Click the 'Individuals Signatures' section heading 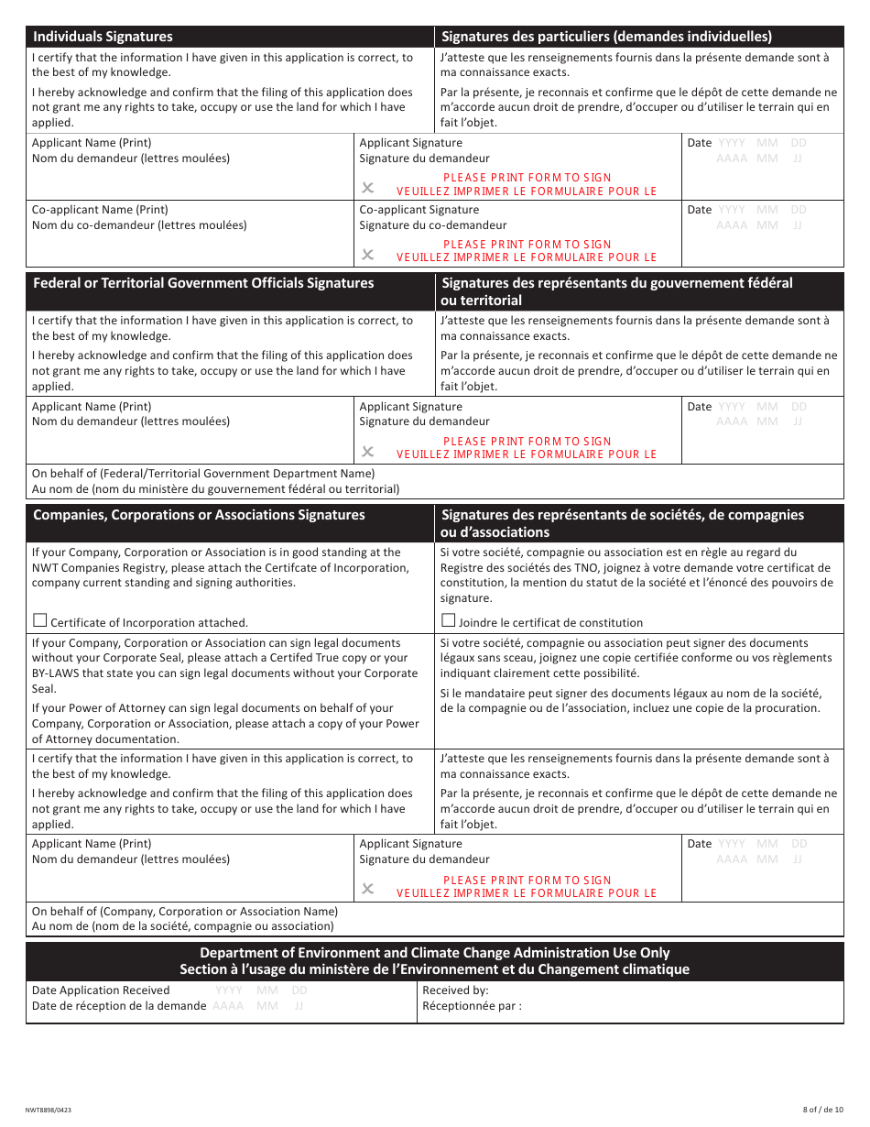coord(103,37)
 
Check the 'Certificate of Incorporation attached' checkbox coord(39,620)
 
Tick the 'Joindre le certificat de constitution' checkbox coord(448,620)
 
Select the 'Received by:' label coord(455,990)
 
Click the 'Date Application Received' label coord(101,990)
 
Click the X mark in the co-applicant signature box coord(367,255)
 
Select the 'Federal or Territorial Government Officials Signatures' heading coord(203,283)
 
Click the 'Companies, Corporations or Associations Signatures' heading coord(199,515)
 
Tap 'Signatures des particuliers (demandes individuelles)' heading coord(606,37)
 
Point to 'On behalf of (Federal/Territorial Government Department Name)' coord(203,474)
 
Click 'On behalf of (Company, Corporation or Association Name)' coord(185,912)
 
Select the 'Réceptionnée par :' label coord(472,1006)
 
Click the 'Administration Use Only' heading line coord(434,953)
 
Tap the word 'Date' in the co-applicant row coord(699,210)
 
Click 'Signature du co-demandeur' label coord(432,225)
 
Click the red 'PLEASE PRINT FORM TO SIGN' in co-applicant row coord(527,245)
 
